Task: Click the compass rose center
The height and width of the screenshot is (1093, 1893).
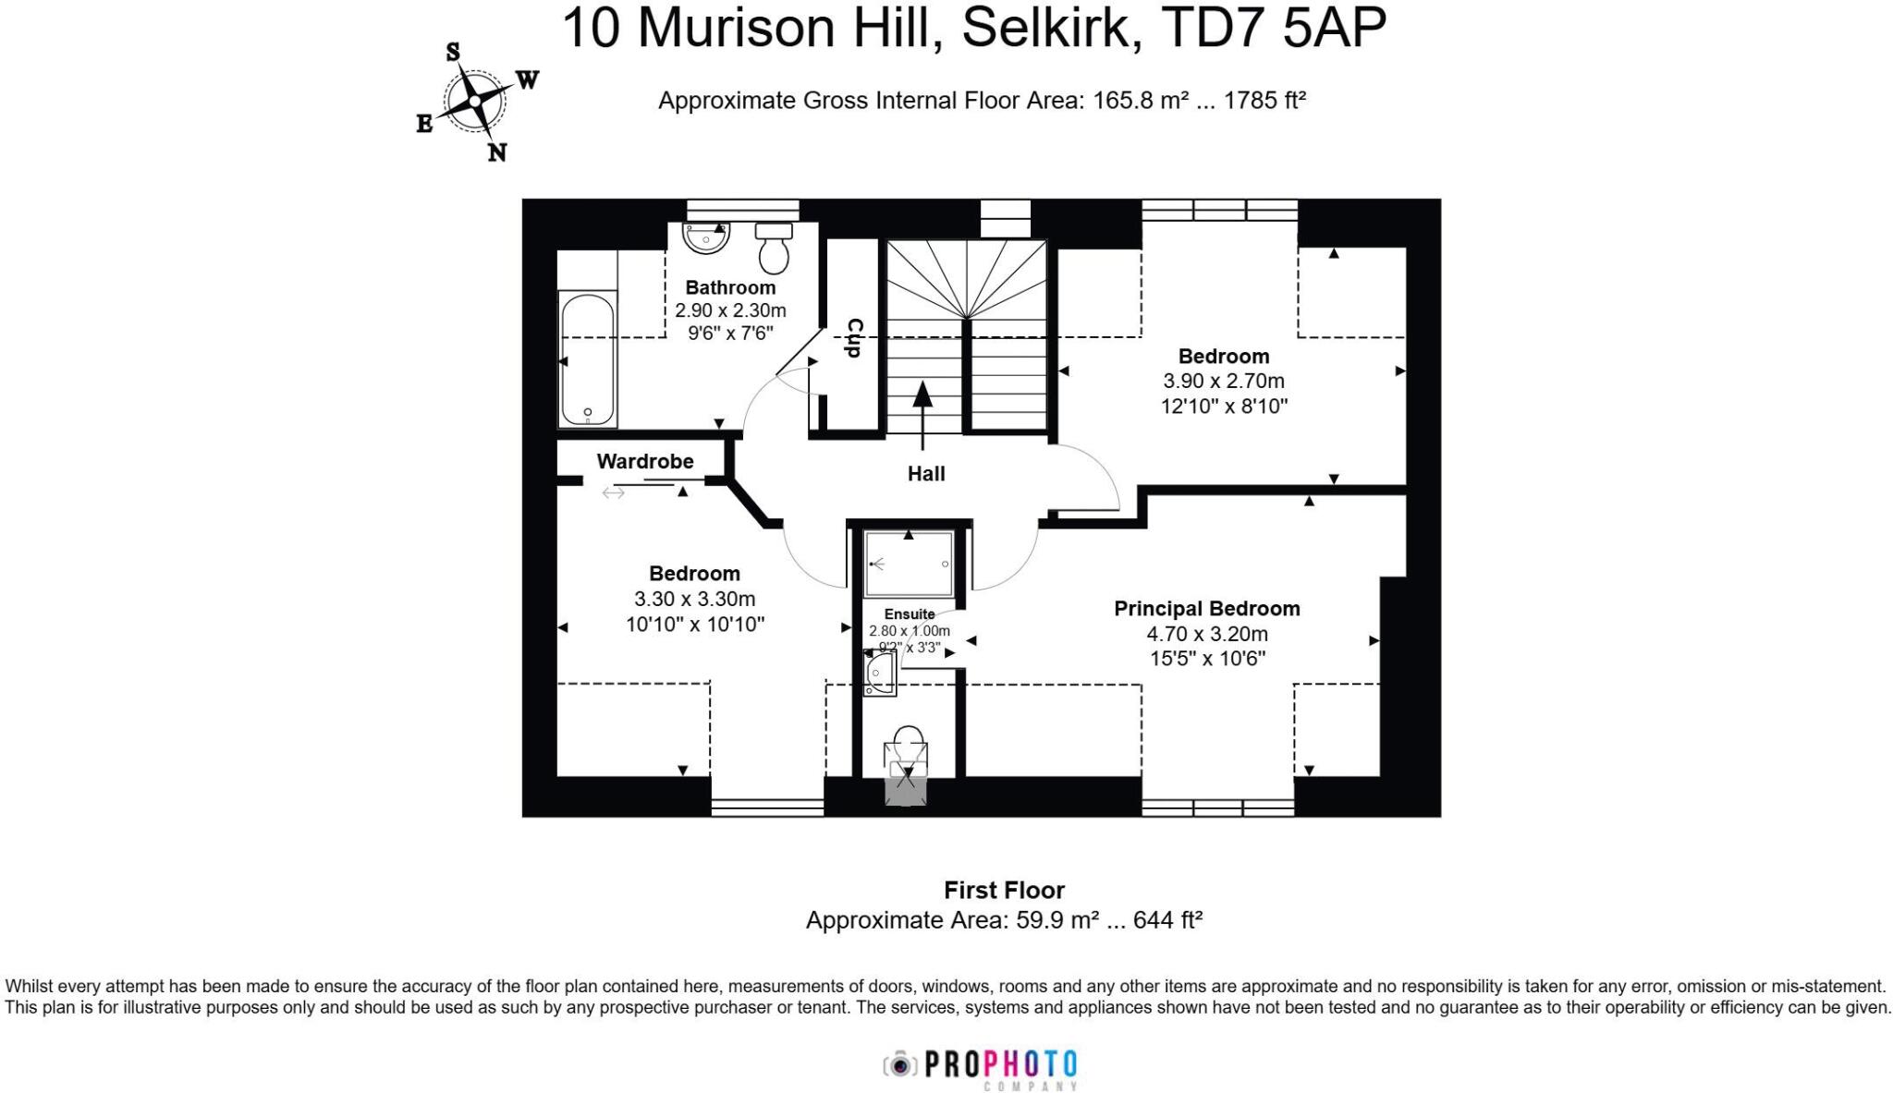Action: [474, 101]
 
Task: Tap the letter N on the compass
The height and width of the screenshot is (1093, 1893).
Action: [497, 153]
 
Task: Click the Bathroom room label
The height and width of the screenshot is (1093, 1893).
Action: [730, 287]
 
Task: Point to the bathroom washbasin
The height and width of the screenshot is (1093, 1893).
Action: [706, 237]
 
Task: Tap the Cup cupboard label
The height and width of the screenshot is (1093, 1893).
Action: [854, 337]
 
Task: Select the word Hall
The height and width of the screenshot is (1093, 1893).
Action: [925, 474]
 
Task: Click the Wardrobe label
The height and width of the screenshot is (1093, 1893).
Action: [644, 461]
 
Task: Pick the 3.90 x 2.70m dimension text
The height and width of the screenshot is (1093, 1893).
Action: [1223, 381]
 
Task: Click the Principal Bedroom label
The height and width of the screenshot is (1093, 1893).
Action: [1206, 609]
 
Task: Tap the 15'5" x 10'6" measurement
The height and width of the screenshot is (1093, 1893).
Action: [1206, 659]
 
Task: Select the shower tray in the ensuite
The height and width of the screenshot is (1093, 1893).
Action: [908, 564]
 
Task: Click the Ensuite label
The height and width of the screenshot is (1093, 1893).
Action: [909, 614]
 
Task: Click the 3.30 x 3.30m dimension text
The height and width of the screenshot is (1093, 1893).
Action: [694, 599]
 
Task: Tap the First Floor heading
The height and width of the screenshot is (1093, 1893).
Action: [1004, 891]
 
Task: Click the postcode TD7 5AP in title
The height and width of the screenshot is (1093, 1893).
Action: [1271, 28]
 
